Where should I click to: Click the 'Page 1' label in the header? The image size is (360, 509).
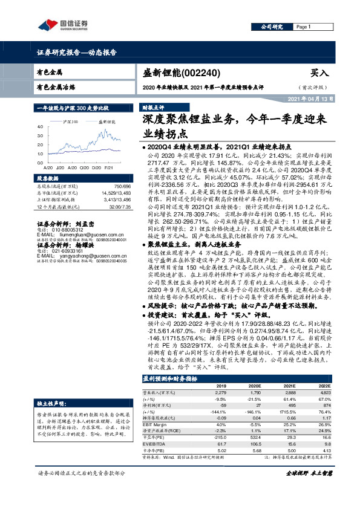pos(303,27)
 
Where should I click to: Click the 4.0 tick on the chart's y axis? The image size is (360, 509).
pos(39,127)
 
